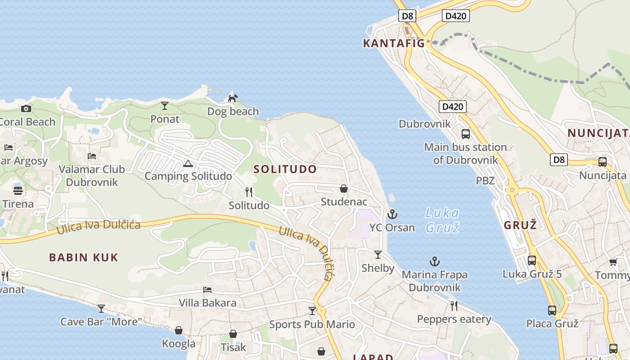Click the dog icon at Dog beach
(x=233, y=98)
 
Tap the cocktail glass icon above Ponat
(x=165, y=106)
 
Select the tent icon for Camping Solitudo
(x=188, y=163)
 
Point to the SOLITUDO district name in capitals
(x=285, y=169)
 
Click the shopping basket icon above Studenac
(x=344, y=189)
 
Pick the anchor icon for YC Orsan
(x=392, y=214)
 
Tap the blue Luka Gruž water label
(x=442, y=220)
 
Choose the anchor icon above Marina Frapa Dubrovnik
(x=434, y=261)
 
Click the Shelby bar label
(x=378, y=268)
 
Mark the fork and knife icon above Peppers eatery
(x=454, y=306)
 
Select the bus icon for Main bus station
(x=466, y=134)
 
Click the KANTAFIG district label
(x=394, y=43)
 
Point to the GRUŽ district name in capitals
(x=521, y=225)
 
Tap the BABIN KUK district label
(x=84, y=257)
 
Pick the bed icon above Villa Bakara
(x=207, y=289)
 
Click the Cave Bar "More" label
(x=101, y=322)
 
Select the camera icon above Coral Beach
(x=26, y=108)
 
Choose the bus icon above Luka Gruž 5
(x=532, y=260)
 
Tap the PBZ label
(x=486, y=181)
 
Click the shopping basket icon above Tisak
(x=233, y=334)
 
